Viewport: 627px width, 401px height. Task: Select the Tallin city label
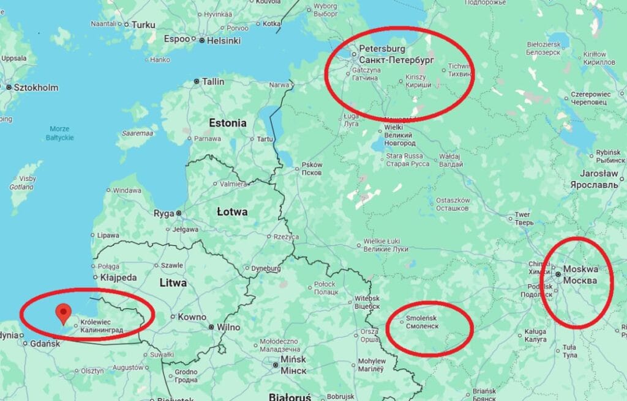[213, 81]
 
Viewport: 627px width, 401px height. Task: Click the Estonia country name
[228, 123]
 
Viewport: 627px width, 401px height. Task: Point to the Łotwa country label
[232, 212]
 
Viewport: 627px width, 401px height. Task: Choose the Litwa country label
[173, 283]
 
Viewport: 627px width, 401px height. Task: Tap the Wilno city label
[228, 327]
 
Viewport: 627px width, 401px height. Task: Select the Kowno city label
[192, 317]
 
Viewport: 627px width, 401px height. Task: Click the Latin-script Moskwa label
[580, 269]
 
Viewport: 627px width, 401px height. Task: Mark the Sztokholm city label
[36, 87]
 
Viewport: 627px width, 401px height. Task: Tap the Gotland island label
[21, 187]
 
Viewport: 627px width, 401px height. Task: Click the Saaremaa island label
[137, 132]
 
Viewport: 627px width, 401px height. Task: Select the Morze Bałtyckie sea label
[61, 133]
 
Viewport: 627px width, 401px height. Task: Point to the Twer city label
[522, 215]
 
